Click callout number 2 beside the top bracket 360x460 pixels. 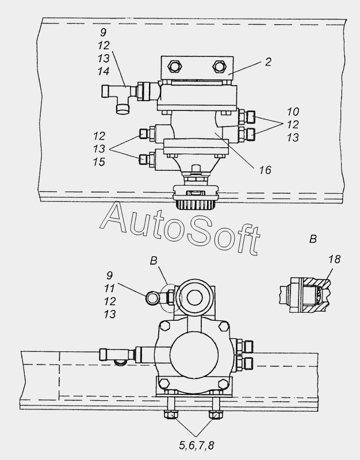268,62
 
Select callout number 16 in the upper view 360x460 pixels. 265,170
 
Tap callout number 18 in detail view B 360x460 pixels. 334,259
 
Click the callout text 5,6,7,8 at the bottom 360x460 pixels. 196,445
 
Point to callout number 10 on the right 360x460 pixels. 293,112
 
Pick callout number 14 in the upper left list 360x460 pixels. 104,71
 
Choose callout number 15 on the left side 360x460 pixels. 99,162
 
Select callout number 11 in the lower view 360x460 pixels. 109,289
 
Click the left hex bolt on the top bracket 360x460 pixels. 175,67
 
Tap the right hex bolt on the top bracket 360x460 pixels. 219,67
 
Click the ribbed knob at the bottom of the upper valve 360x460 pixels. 196,205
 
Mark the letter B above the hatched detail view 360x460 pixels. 313,239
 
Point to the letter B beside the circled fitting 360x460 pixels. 154,260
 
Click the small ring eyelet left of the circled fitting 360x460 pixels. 152,298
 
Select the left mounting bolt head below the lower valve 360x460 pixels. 171,415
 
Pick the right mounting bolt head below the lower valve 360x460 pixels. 215,415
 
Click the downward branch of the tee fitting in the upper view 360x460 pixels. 122,108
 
